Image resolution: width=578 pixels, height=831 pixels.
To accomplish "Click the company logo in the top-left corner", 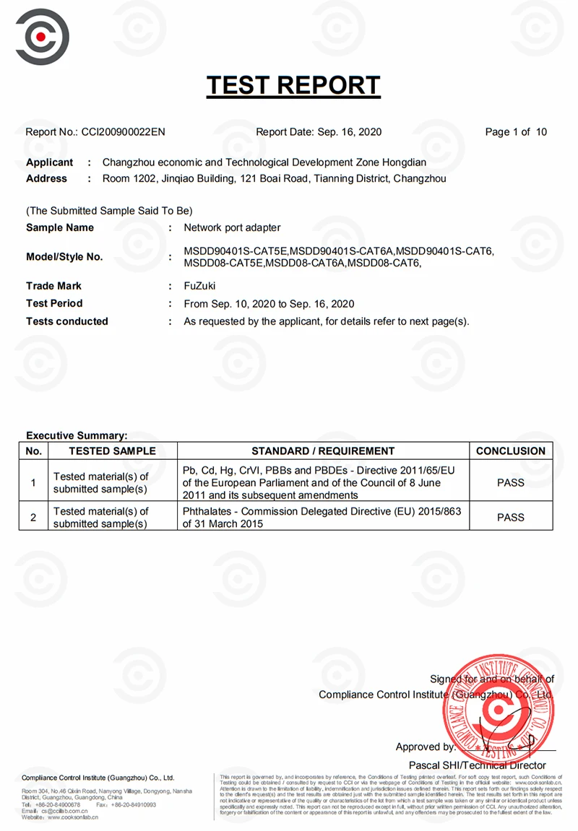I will [42, 36].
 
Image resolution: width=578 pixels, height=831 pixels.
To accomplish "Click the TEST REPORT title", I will [293, 86].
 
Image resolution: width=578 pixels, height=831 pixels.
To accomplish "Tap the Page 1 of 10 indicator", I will [516, 132].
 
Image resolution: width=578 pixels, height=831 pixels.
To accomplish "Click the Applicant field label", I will [49, 162].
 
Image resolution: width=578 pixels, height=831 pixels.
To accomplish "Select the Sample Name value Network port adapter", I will [232, 227].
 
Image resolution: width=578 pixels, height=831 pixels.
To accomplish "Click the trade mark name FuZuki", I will [199, 286].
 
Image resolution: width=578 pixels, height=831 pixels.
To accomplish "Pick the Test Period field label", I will [54, 303].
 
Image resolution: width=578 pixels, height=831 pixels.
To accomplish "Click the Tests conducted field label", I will [67, 321].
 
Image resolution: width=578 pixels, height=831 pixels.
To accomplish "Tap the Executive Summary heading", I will [77, 435].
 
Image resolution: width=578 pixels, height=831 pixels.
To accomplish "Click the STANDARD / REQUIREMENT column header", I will [323, 451].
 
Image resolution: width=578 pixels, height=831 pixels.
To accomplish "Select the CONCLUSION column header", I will [511, 451].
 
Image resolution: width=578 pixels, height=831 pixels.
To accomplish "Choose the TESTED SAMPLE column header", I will [112, 451].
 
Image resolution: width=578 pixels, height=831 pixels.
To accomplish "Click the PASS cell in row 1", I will [511, 483].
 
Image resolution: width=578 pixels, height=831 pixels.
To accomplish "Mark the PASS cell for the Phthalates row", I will [511, 518].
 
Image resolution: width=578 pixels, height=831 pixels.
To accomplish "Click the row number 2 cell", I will [33, 518].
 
